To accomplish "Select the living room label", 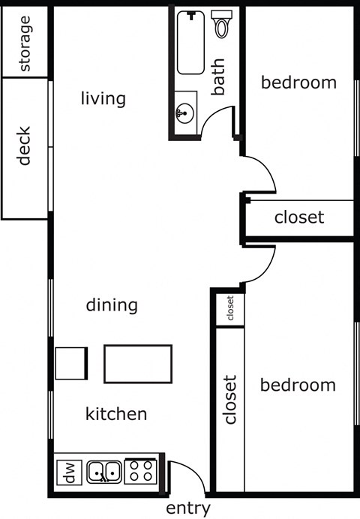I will tap(103, 98).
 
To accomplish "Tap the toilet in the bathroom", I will tap(221, 25).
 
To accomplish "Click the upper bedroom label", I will tap(298, 82).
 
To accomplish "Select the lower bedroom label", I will tap(298, 385).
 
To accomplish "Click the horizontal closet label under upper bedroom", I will tap(299, 217).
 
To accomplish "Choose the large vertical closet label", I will tap(230, 400).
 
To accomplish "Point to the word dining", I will tap(112, 305).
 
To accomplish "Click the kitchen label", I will tap(115, 413).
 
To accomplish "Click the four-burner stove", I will tap(141, 471).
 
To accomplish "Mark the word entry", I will tap(187, 508).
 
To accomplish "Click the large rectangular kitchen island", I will tap(137, 364).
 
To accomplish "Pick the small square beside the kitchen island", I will tap(70, 364).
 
